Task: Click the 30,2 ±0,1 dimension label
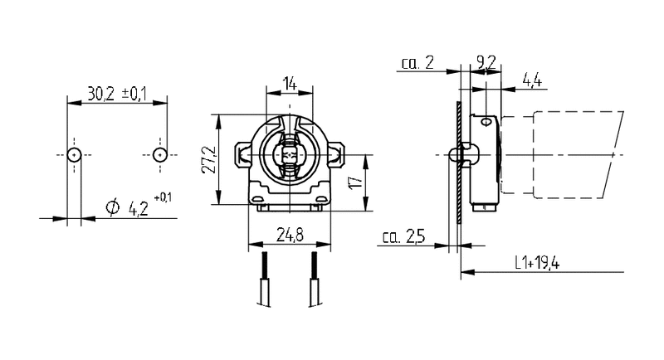(117, 94)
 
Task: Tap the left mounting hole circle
(74, 155)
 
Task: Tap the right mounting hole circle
(159, 155)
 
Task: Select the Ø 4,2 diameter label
(139, 206)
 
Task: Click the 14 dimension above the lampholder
(290, 83)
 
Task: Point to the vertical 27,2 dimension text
(209, 159)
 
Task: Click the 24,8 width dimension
(290, 235)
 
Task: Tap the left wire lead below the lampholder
(265, 279)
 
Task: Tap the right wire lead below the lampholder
(315, 279)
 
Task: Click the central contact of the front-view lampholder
(290, 155)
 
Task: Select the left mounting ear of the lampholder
(242, 155)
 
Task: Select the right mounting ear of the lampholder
(337, 155)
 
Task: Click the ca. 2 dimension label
(417, 63)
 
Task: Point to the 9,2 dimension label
(486, 62)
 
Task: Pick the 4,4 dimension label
(532, 80)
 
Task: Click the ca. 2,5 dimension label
(403, 237)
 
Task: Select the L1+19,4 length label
(537, 263)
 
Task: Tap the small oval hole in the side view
(486, 122)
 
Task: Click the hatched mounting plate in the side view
(458, 162)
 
